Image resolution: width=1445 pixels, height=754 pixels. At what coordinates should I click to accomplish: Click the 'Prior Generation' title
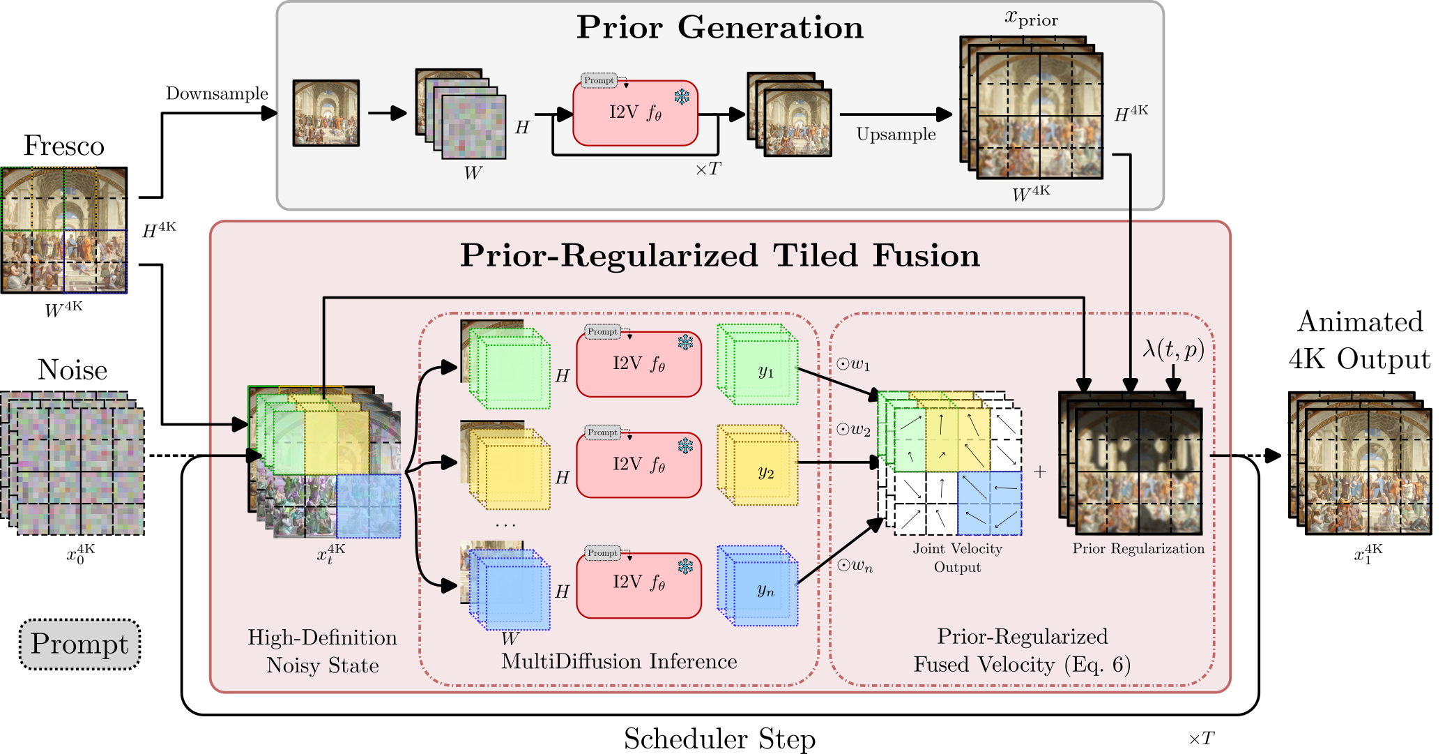(719, 28)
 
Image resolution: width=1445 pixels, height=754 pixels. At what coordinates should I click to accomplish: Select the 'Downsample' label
(217, 93)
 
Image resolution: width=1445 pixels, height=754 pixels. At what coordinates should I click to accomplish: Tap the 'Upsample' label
(896, 134)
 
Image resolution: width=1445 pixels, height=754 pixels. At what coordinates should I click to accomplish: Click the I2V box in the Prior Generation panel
(635, 113)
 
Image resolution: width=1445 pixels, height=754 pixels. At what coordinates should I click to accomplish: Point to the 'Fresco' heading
(63, 146)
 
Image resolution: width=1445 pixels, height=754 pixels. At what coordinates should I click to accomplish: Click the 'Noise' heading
(72, 370)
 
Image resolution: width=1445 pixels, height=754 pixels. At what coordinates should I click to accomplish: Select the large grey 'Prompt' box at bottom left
(79, 644)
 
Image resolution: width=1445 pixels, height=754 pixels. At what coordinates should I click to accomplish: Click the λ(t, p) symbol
(1173, 348)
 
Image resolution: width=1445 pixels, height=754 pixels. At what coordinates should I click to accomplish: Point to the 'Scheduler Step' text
(719, 738)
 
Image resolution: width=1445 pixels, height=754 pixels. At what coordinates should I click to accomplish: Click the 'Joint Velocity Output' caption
(957, 557)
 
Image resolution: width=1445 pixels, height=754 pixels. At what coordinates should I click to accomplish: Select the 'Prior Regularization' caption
(1138, 548)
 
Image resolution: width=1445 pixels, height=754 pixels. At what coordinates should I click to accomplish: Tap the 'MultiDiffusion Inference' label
(619, 661)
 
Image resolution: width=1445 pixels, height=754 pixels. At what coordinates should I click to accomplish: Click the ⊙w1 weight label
(853, 364)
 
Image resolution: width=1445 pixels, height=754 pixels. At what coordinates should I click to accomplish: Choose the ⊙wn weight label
(855, 566)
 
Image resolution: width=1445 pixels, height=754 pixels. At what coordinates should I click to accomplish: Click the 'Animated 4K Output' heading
(1359, 340)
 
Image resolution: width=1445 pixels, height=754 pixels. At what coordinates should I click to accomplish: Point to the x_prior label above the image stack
(1031, 18)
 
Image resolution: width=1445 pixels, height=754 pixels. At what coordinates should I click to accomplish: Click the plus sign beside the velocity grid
(1040, 472)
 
